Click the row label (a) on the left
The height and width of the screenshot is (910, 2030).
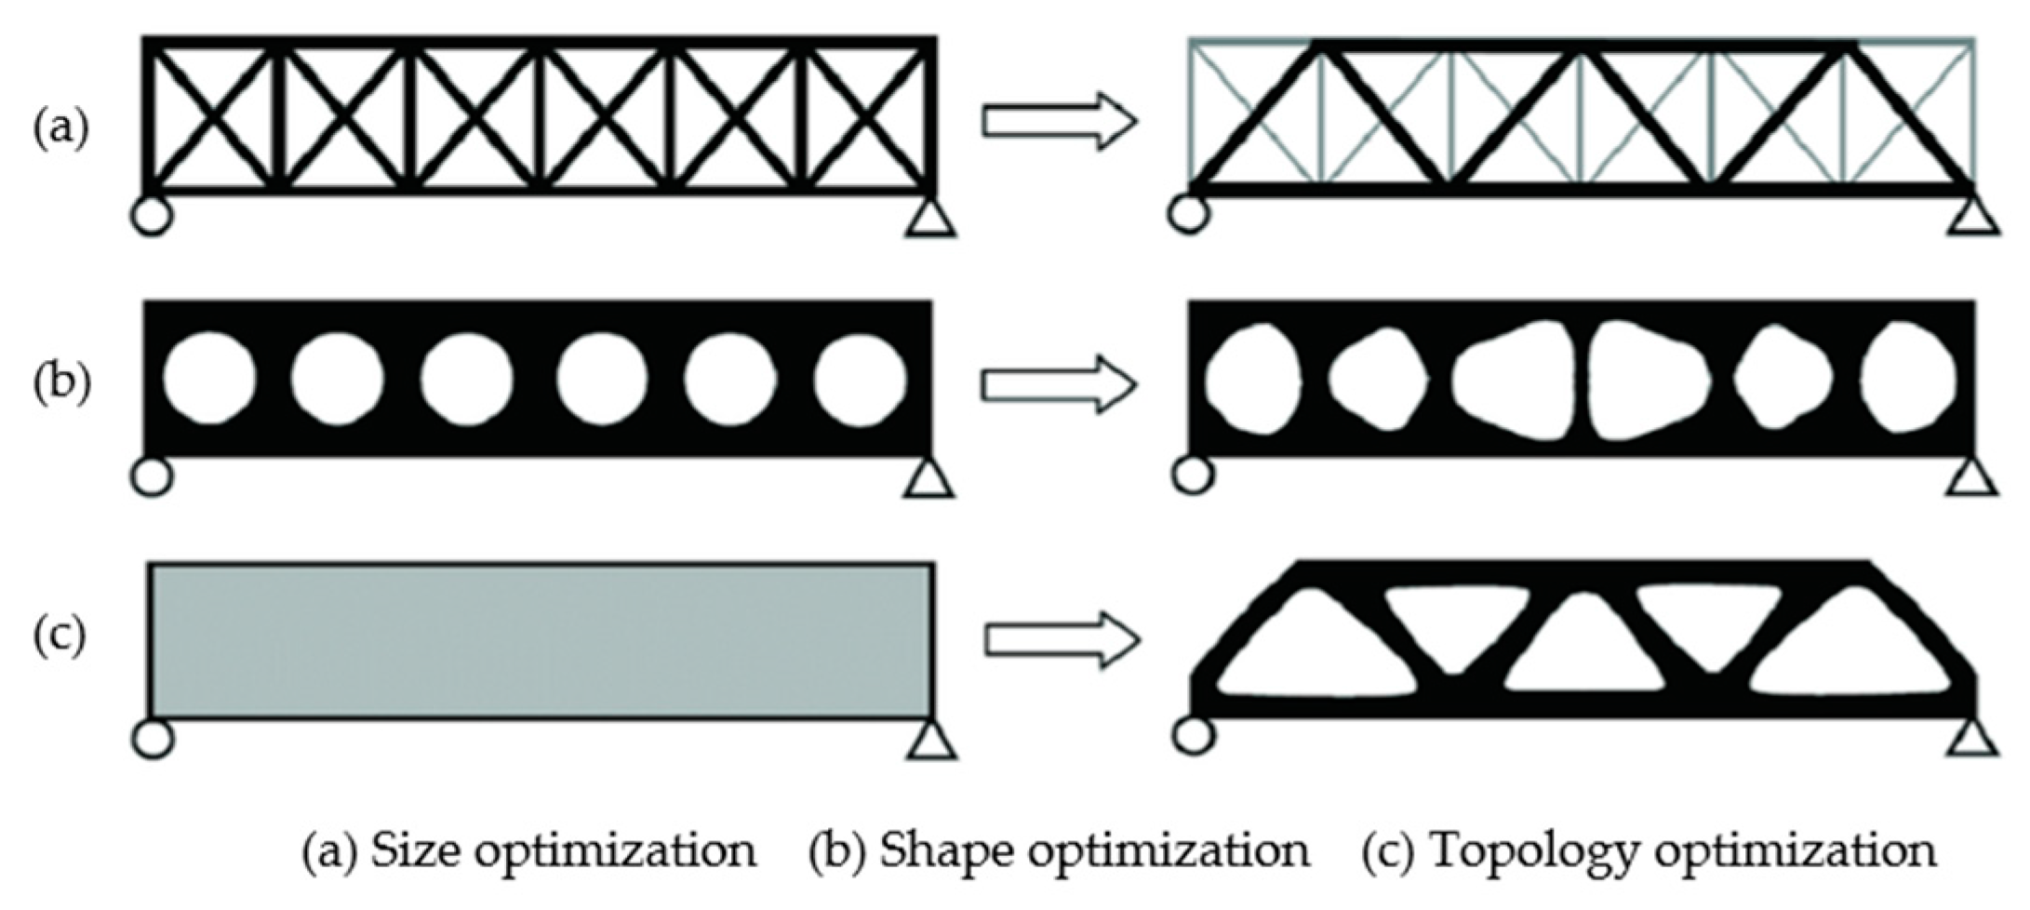coord(61,127)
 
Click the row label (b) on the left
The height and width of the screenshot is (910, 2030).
coord(61,382)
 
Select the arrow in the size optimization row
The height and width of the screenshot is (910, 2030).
coord(1059,121)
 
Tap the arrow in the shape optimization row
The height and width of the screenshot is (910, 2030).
coord(1059,382)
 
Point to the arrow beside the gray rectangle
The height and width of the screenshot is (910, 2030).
coord(1061,639)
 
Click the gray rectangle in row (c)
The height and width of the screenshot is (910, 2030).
coord(540,640)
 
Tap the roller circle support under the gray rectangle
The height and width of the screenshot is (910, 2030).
coord(153,739)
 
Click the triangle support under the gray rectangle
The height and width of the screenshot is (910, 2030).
coord(931,740)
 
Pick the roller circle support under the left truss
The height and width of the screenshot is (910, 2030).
coord(152,216)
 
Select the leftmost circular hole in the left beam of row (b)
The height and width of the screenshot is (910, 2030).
coord(208,378)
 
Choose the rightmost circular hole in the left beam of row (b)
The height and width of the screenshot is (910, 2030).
coord(860,378)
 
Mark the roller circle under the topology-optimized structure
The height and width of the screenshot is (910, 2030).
coord(1194,735)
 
